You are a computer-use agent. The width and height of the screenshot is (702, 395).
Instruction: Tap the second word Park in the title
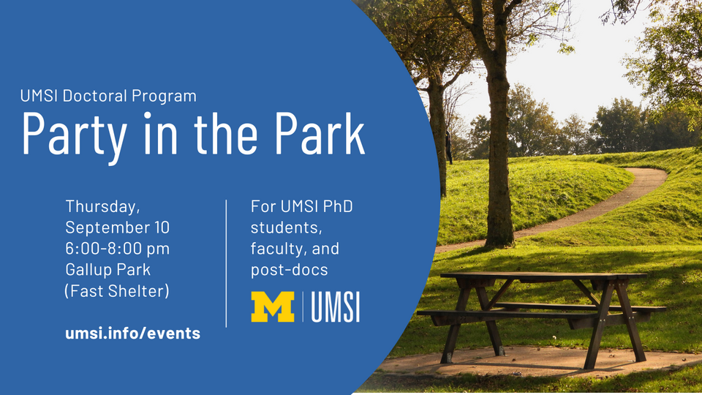click(320, 133)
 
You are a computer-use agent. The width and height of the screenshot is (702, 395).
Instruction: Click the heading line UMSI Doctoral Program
click(108, 96)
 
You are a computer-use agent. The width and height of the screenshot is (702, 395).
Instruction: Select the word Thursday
click(103, 207)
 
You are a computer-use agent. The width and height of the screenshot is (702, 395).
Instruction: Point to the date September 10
click(118, 227)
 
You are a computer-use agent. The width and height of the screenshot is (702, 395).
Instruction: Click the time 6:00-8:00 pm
click(118, 249)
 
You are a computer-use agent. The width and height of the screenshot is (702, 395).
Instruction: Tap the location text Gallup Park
click(108, 270)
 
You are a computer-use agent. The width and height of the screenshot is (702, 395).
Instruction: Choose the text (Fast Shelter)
click(117, 291)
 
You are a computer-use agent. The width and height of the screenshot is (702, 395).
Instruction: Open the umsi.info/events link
click(133, 334)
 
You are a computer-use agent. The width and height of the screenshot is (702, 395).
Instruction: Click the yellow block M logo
click(273, 306)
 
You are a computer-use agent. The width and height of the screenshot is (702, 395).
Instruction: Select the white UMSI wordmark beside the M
click(336, 306)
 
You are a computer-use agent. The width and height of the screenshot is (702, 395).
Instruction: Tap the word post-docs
click(290, 270)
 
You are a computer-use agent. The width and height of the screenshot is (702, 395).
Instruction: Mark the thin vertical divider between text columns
click(226, 263)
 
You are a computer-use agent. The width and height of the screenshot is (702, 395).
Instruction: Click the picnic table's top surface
click(543, 276)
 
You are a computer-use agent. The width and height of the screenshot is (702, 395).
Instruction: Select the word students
click(286, 227)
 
